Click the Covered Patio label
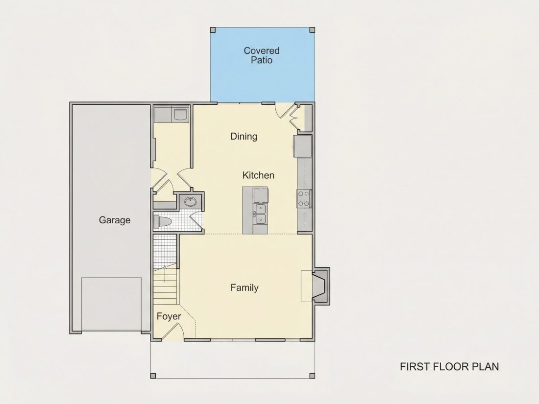[262, 55]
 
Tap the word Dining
[244, 137]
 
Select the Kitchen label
[258, 175]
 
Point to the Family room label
[245, 287]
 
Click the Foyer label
[169, 316]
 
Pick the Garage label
[115, 220]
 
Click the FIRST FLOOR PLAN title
[449, 367]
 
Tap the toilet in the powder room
[162, 221]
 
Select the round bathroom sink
[191, 201]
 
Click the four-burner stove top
[303, 198]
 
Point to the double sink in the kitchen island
[260, 214]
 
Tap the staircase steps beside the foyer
[166, 286]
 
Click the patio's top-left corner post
[213, 30]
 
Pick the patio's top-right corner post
[312, 30]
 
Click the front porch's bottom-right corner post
[312, 376]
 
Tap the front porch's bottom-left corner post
[153, 376]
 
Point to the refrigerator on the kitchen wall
[302, 146]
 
